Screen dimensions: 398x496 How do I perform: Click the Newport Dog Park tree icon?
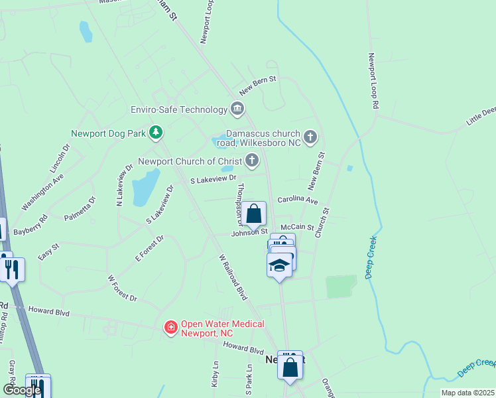tap(156, 133)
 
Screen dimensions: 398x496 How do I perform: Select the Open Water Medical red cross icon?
tap(170, 327)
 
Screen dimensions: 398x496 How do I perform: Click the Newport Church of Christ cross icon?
tap(252, 160)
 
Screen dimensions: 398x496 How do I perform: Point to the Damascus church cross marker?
tap(311, 137)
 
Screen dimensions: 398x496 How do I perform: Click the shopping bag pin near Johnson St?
tap(253, 214)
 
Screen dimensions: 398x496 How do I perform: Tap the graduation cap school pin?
tap(279, 265)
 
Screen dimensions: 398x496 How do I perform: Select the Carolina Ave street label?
tap(298, 200)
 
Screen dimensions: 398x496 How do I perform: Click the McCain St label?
tap(296, 227)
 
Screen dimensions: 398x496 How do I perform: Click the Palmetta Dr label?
tap(80, 208)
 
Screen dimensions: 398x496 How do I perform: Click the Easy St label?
tap(48, 251)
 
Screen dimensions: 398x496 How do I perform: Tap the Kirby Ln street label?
tap(215, 374)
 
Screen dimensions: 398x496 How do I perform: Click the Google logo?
tap(22, 390)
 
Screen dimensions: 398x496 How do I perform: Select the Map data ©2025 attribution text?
tap(467, 393)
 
